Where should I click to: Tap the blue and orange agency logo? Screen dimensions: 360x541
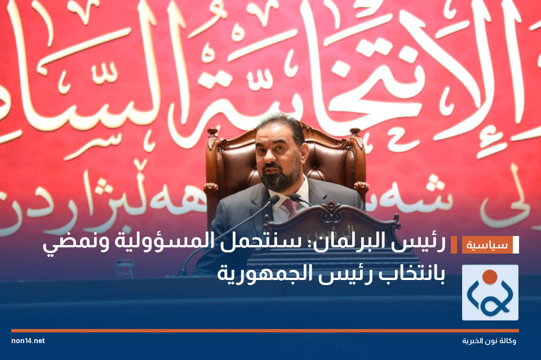click(490, 292)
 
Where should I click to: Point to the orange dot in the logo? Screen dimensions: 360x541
click(490, 277)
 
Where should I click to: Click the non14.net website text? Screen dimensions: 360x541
click(28, 341)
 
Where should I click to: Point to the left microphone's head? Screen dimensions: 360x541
click(273, 200)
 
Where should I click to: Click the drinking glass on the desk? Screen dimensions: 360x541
click(124, 269)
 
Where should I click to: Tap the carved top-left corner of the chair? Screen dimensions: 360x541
click(212, 136)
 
